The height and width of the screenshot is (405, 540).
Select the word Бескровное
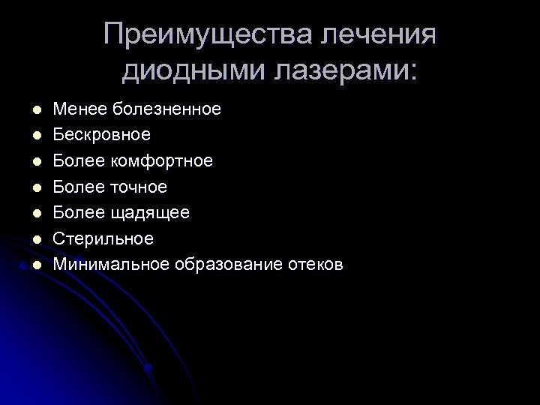102,135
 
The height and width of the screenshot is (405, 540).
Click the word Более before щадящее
79,212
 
